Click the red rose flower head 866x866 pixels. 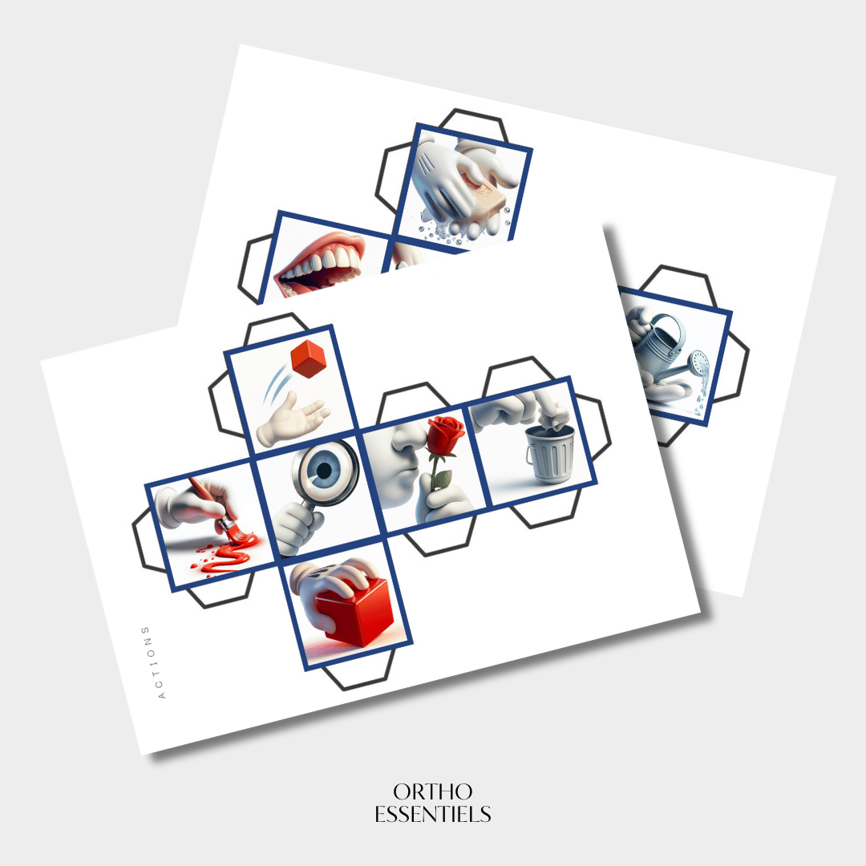445,435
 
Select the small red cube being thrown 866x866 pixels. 308,358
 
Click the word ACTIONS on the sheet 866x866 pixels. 153,663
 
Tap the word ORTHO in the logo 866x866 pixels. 432,791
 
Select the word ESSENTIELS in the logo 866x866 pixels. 433,814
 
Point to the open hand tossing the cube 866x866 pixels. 292,419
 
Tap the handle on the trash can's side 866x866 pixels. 530,455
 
